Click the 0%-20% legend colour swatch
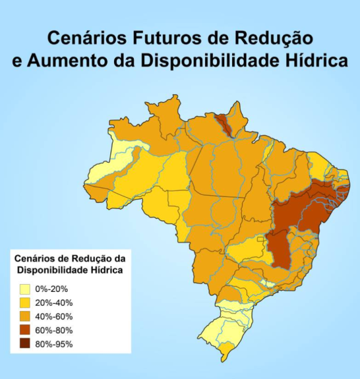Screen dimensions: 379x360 coord(25,288)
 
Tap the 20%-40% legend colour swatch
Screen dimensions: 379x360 coord(25,302)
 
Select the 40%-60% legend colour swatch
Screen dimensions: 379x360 coord(25,316)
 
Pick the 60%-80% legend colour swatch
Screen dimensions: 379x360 coord(25,330)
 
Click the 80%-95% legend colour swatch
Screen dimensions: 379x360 coord(25,344)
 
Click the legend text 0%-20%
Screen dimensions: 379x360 coord(52,288)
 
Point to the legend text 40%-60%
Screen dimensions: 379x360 coord(54,316)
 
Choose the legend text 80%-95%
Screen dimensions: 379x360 coord(54,344)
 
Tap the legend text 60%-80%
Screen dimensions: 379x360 coord(54,330)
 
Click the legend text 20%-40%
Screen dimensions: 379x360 coord(54,302)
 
